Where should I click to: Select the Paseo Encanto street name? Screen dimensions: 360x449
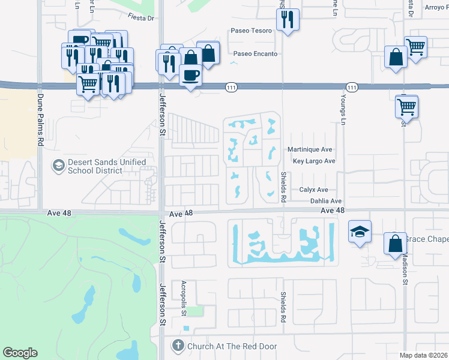pos(255,53)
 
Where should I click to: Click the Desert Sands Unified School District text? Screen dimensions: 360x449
pos(106,166)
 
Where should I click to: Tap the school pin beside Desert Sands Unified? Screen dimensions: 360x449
pos(59,164)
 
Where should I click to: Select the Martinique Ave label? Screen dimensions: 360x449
pos(309,149)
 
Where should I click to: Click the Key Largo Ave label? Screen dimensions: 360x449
pos(313,161)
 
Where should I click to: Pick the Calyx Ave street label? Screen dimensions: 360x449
pos(314,190)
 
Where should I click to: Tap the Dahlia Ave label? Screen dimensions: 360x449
pos(325,201)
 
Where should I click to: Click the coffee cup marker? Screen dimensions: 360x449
pos(191,76)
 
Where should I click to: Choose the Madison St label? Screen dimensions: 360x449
pos(405,264)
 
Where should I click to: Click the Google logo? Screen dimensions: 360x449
pos(20,353)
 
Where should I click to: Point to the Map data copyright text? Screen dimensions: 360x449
pos(423,355)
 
